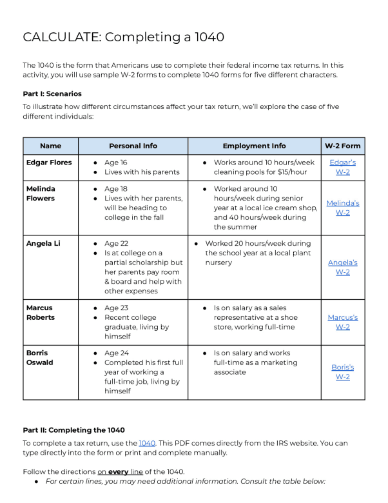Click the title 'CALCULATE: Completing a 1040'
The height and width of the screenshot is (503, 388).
(123, 37)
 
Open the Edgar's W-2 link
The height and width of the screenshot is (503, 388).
(342, 167)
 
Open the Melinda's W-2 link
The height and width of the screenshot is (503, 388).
(342, 208)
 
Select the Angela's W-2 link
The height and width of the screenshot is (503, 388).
(342, 267)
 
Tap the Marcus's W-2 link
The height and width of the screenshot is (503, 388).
(342, 322)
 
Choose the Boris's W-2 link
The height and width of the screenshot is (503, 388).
(342, 371)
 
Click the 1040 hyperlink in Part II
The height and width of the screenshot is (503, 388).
(147, 443)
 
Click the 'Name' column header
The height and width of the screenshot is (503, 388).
(50, 146)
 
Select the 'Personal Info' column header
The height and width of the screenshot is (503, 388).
(133, 146)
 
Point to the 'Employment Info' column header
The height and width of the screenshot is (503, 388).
(254, 146)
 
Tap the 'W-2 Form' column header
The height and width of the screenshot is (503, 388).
(342, 146)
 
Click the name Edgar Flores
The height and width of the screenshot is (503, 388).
(49, 163)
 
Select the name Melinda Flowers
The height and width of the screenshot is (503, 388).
(41, 193)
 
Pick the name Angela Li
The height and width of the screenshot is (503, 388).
(43, 244)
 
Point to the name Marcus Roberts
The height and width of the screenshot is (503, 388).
(41, 313)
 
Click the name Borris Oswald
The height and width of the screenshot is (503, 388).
(40, 357)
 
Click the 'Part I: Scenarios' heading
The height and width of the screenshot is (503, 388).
(52, 94)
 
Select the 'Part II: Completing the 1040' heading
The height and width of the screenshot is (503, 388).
(73, 430)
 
